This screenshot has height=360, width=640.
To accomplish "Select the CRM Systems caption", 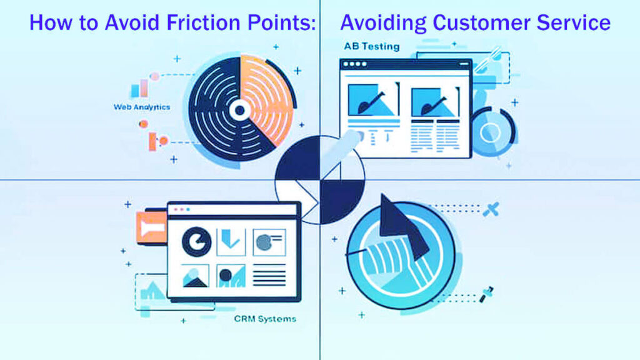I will [x=265, y=319].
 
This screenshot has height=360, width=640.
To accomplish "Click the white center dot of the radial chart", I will [x=239, y=111].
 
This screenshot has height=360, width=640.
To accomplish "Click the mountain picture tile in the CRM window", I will [x=196, y=275].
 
